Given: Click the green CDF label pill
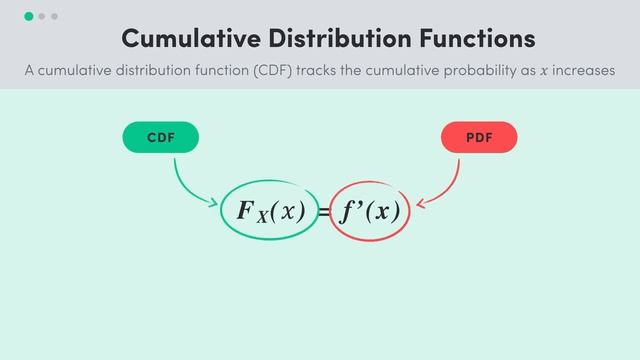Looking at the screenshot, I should click(161, 138).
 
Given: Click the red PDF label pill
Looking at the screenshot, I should click(479, 138).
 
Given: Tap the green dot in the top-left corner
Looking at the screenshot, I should click(29, 16).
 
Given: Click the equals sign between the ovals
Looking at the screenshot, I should click(324, 213).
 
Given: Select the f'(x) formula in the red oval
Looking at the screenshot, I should click(369, 211).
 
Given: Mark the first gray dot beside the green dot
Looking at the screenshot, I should click(42, 16).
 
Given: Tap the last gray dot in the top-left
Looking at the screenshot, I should click(54, 16).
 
